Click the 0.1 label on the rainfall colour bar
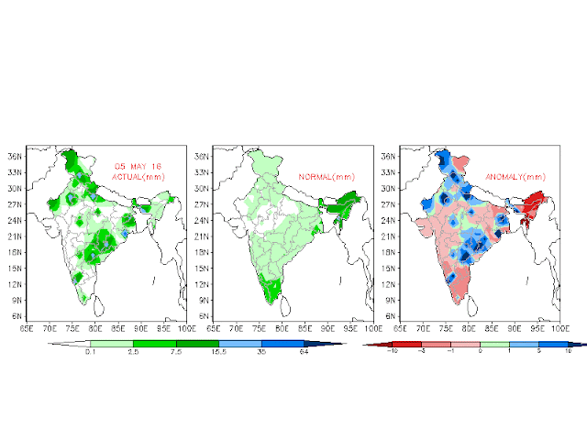click(89, 352)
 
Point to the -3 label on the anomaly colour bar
click(420, 352)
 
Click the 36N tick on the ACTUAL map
click(17, 157)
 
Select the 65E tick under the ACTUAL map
click(27, 326)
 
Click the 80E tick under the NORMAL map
click(282, 326)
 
